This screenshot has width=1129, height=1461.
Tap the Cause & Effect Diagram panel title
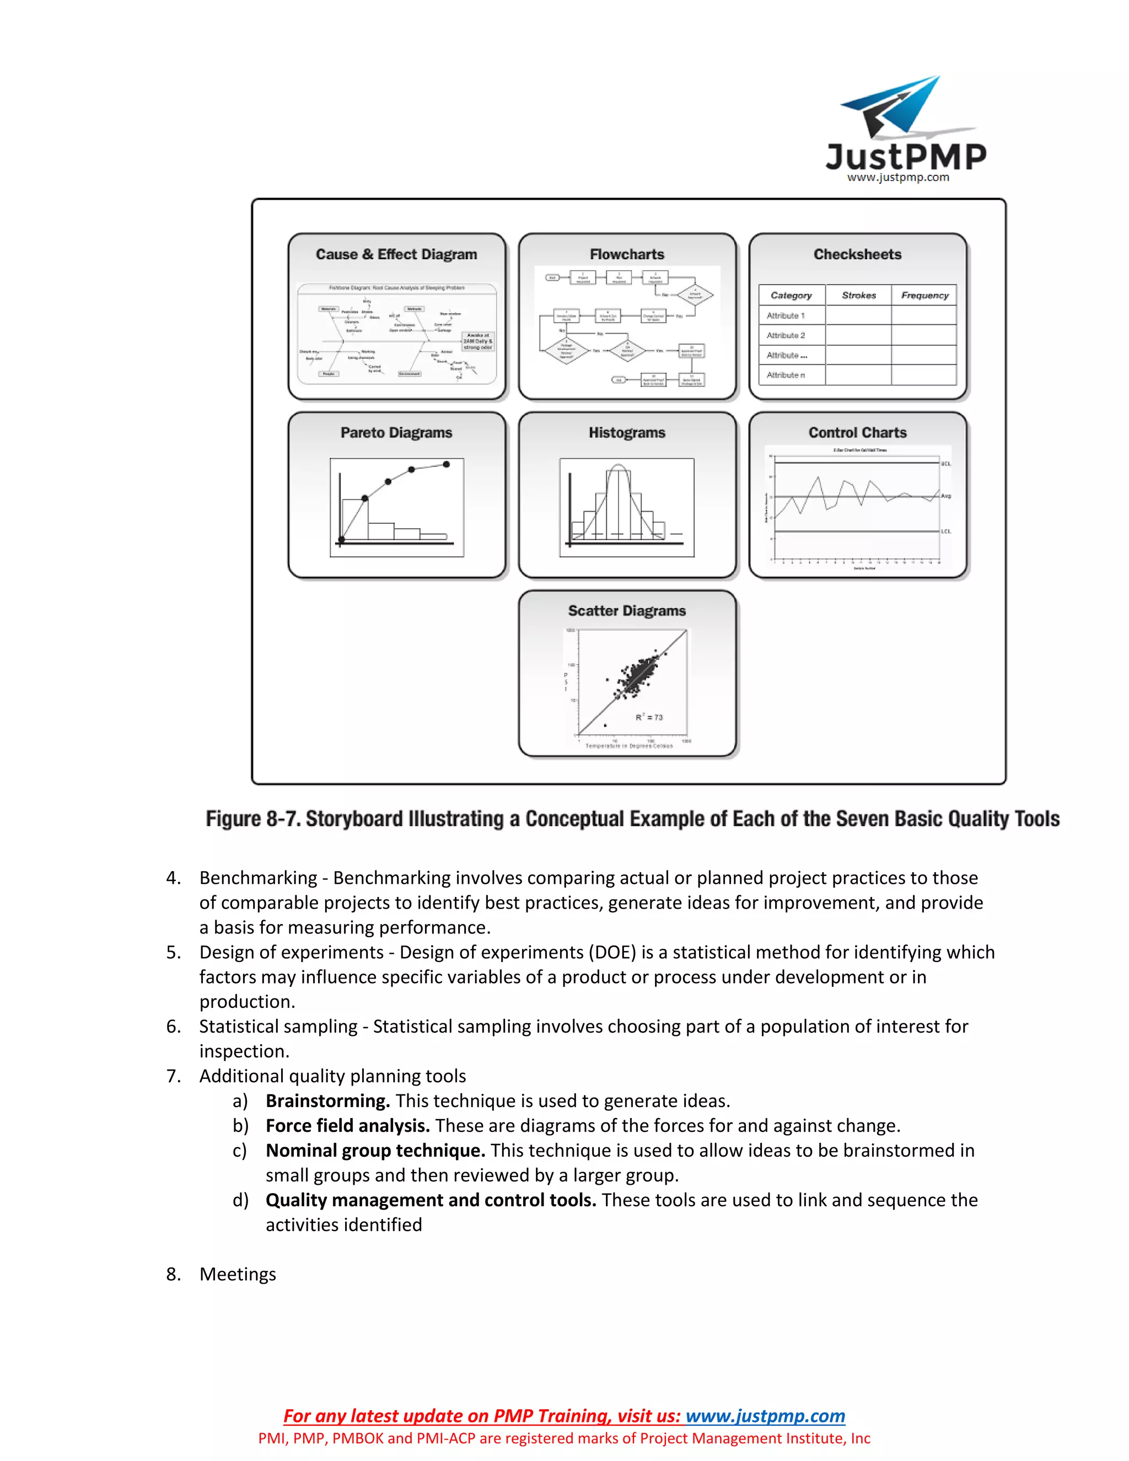click(396, 254)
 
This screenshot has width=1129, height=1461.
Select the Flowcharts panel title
click(627, 254)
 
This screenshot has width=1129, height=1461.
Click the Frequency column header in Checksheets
click(924, 295)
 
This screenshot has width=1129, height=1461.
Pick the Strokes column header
click(859, 295)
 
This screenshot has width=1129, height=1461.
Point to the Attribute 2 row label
click(786, 335)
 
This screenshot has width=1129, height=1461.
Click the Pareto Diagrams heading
click(396, 433)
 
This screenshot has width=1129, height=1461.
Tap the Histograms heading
click(627, 433)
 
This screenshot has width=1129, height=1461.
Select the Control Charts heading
click(857, 433)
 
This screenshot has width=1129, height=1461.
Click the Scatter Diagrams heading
click(627, 611)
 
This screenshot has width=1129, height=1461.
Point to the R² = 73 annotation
click(649, 717)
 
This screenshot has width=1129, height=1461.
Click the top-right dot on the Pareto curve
click(446, 464)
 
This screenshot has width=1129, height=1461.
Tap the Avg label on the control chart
click(946, 496)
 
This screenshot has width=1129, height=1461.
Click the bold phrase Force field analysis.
click(348, 1125)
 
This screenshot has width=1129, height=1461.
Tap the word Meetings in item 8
click(238, 1274)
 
